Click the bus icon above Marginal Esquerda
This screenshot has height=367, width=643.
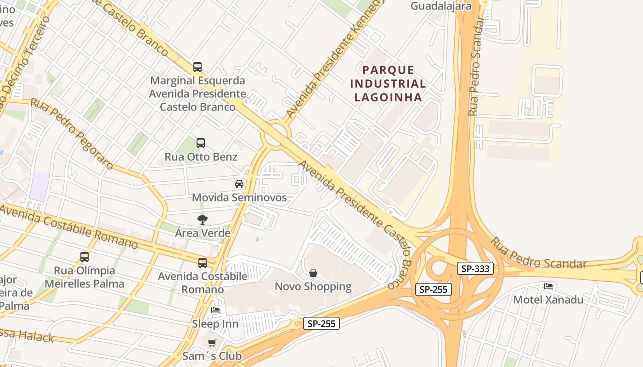(197, 67)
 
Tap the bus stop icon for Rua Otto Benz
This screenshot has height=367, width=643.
(201, 143)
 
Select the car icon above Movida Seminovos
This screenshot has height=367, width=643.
(239, 184)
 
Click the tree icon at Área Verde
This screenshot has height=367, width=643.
(202, 220)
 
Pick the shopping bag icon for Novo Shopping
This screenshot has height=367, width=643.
(313, 273)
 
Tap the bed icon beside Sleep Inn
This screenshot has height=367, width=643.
(215, 310)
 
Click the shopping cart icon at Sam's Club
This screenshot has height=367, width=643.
(212, 343)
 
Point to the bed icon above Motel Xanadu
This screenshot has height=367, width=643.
(548, 286)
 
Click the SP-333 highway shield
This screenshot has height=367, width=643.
(475, 268)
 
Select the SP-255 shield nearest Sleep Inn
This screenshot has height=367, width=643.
(321, 323)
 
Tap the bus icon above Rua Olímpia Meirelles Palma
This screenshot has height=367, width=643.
(85, 257)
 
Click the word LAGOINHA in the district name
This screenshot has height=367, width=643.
(388, 97)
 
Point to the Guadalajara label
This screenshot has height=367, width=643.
(441, 6)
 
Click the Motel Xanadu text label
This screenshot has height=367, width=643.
(548, 300)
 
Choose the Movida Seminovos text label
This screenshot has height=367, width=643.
(239, 198)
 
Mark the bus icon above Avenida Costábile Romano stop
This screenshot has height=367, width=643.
(203, 263)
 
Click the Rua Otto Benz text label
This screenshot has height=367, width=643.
(201, 157)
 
